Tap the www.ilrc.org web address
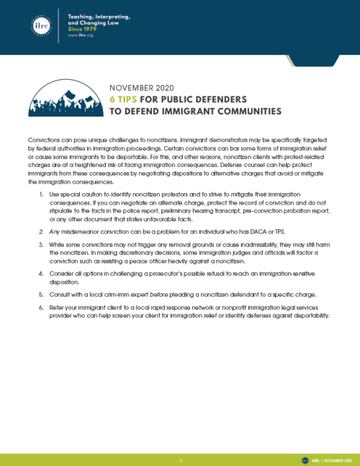(78, 34)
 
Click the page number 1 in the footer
(180, 458)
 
